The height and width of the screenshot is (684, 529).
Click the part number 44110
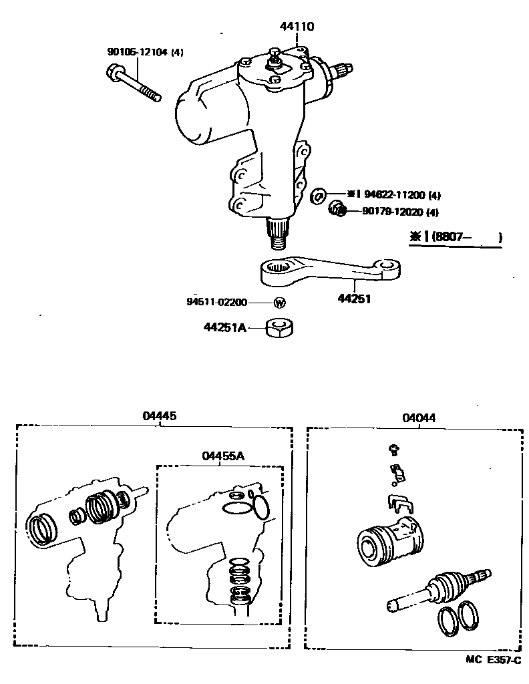point(297,27)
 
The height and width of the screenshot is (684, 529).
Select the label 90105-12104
point(137,52)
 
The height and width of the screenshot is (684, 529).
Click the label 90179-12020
point(391,212)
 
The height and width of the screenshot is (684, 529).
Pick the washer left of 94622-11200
point(319,195)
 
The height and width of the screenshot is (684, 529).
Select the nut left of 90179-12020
point(337,211)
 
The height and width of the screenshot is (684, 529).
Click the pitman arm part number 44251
point(355,299)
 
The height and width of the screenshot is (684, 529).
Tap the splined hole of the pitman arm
point(279,269)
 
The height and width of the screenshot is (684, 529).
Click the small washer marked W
point(281,303)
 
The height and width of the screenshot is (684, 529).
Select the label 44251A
point(226,327)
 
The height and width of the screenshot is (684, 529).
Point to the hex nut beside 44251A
point(281,327)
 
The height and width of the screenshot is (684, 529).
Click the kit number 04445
point(160,415)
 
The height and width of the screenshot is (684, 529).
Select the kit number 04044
point(419,418)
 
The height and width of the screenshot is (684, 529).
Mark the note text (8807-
point(456,236)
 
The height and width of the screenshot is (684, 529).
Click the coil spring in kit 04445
point(102,507)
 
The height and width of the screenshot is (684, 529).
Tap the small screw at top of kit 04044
point(394,449)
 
